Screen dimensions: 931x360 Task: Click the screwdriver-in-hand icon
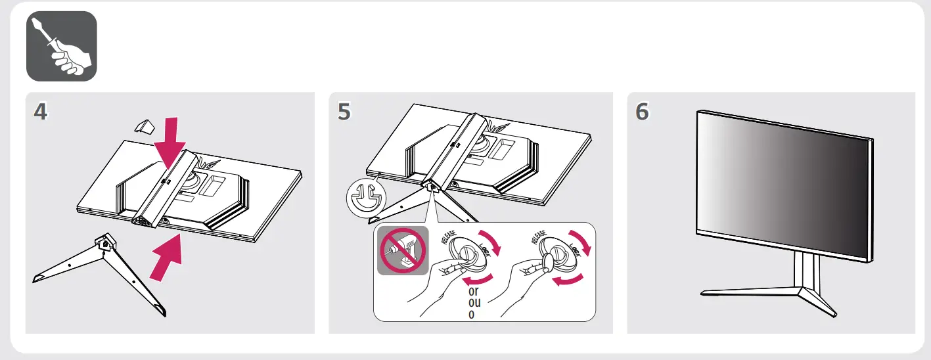(61, 47)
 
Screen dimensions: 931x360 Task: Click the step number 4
(41, 112)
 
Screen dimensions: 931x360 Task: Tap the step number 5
(344, 112)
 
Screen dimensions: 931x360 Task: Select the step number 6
(642, 112)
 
